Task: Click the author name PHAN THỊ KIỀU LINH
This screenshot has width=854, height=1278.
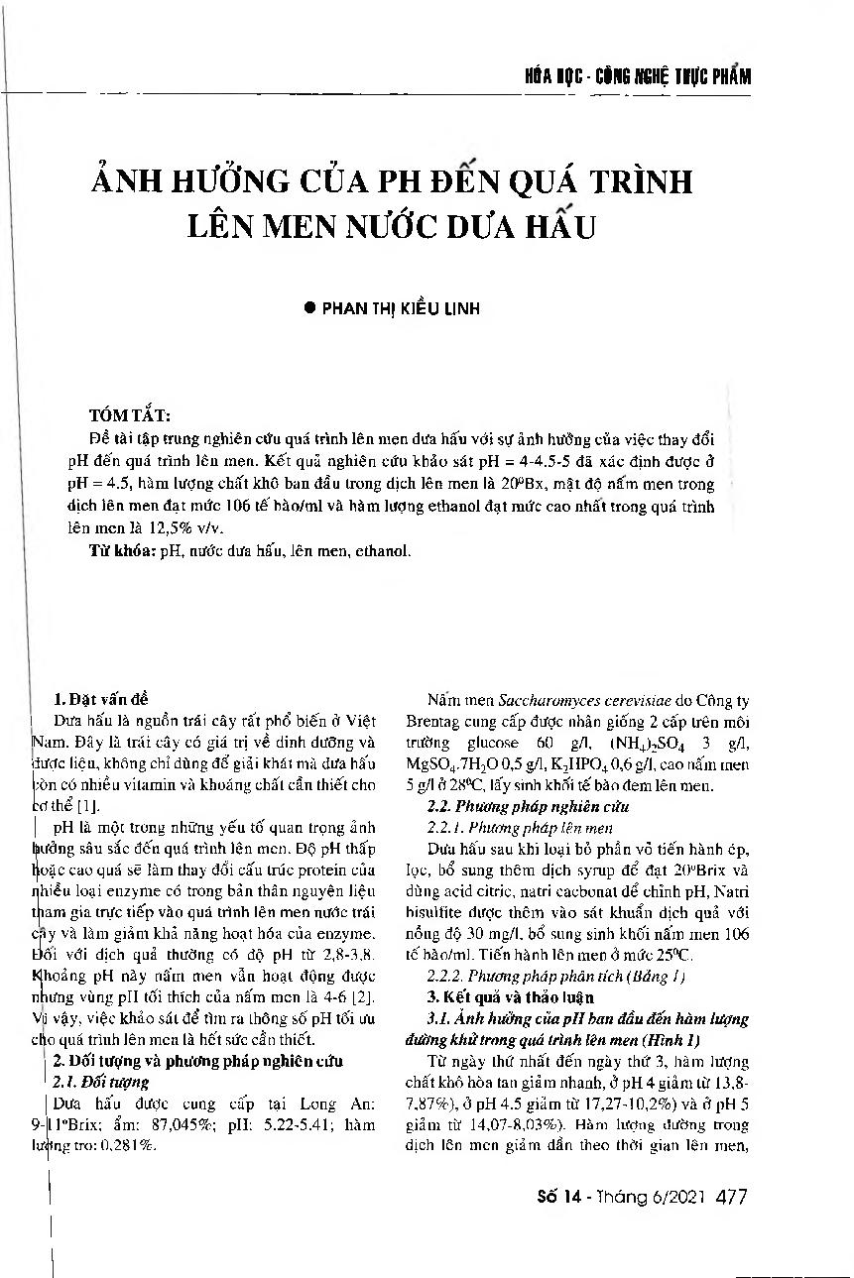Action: pos(402,308)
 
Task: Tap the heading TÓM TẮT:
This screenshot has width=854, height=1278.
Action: pos(129,414)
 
